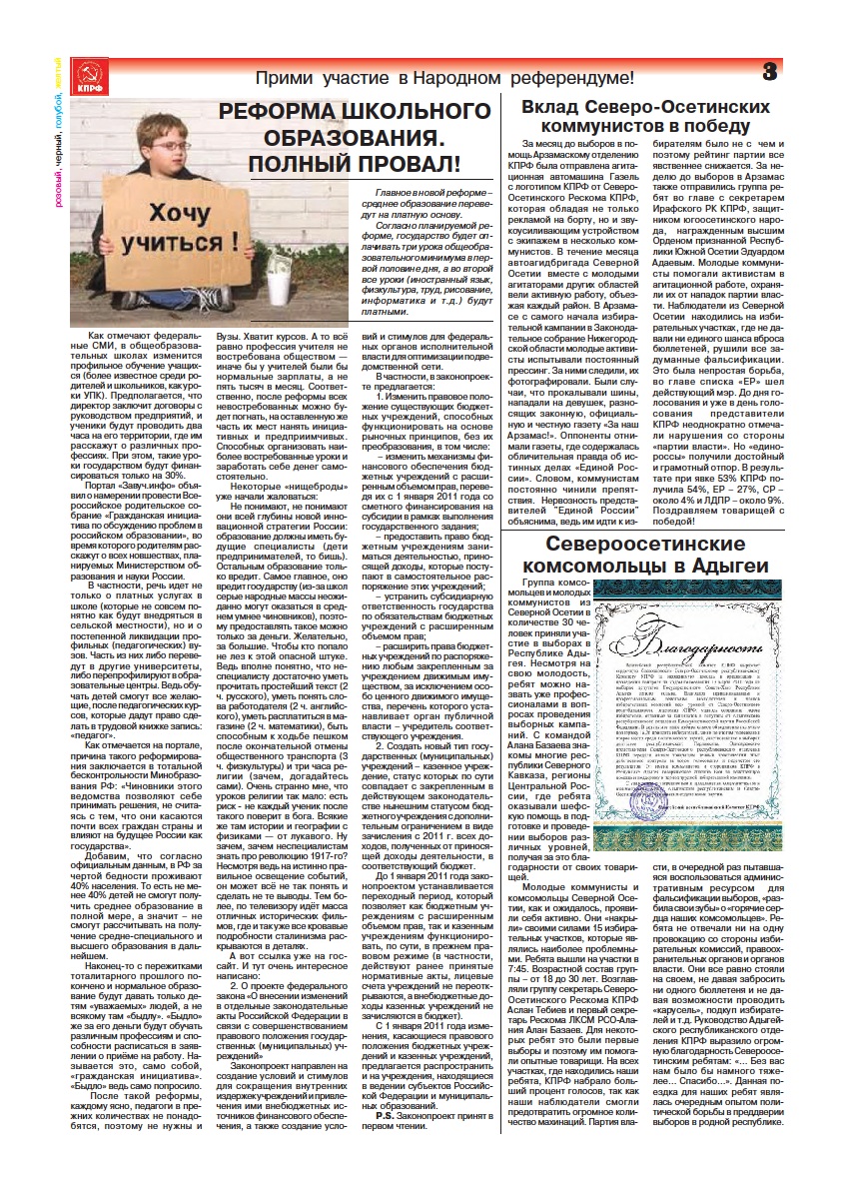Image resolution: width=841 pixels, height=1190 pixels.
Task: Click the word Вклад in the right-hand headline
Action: [567, 106]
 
